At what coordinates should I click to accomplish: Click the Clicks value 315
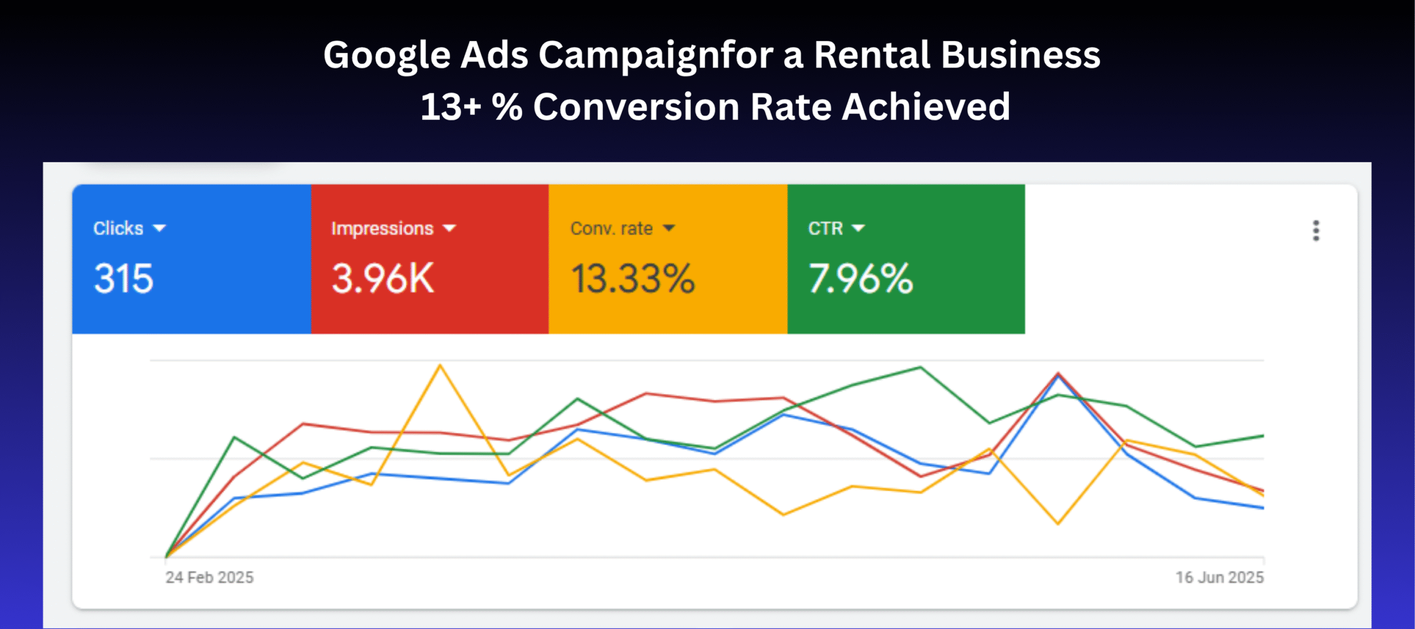[123, 278]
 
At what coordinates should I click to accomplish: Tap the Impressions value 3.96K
[382, 278]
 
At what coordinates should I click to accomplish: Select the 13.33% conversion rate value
[632, 278]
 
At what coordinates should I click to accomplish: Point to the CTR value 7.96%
[861, 278]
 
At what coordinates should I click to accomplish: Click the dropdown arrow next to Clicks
[159, 228]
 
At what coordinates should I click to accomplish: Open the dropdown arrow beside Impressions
[450, 228]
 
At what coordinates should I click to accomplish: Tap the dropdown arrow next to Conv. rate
[669, 228]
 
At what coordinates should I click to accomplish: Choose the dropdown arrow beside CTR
[858, 228]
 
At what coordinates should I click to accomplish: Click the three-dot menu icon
[1316, 230]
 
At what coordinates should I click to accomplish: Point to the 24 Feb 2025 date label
[209, 578]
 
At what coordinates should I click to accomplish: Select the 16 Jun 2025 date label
[1219, 578]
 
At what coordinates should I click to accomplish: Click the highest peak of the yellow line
[440, 365]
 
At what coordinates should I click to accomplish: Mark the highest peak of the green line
[920, 367]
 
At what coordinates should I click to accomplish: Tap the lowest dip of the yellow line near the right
[1058, 523]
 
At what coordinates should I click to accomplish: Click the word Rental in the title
[872, 55]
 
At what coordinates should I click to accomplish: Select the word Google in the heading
[387, 55]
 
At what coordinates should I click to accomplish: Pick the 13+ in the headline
[450, 107]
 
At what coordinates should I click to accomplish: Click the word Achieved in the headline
[926, 107]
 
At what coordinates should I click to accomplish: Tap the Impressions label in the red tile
[382, 228]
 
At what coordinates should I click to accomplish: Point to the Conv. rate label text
[611, 228]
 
